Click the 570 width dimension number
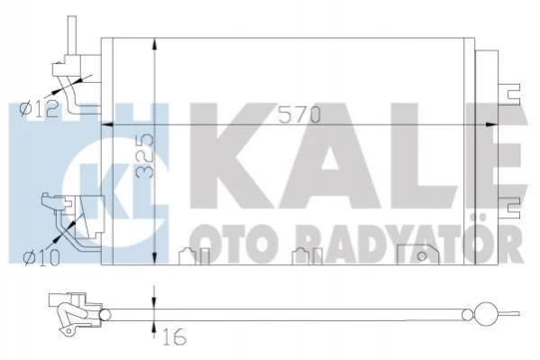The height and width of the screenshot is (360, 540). click(x=299, y=115)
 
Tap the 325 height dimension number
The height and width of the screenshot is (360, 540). click(x=144, y=155)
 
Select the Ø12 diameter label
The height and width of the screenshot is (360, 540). click(x=40, y=110)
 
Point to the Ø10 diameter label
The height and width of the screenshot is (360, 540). click(x=41, y=257)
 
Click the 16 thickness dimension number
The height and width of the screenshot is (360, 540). click(x=175, y=337)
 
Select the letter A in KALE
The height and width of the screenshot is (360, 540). click(x=329, y=155)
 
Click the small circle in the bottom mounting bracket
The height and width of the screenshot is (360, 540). click(x=422, y=256)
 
